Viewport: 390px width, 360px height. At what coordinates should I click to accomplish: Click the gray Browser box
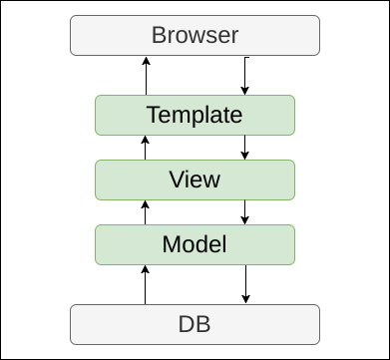[195, 37]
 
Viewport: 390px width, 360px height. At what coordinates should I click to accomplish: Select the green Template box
[195, 115]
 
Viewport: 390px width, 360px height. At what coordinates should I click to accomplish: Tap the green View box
[195, 180]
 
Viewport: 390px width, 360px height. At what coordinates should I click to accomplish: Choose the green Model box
[195, 244]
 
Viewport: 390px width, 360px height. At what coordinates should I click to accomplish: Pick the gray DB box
[195, 324]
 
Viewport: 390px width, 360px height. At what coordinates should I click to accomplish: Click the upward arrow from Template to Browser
[146, 76]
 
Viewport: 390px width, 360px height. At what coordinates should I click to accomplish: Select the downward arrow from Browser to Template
[245, 76]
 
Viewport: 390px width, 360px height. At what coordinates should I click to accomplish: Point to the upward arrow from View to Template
[146, 148]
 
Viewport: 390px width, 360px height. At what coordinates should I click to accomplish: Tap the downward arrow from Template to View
[245, 148]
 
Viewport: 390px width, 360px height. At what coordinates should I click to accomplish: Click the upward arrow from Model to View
[146, 211]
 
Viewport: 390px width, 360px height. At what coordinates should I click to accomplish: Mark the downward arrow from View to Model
[245, 211]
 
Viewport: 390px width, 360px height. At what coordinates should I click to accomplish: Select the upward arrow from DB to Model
[146, 283]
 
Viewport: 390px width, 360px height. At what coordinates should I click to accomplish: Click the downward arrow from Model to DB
[245, 283]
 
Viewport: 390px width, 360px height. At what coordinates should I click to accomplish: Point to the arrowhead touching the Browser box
[146, 60]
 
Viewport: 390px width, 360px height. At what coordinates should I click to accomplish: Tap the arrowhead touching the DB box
[245, 300]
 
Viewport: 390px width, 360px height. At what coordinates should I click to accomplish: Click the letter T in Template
[153, 115]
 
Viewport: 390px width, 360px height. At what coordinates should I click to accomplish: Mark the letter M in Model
[170, 244]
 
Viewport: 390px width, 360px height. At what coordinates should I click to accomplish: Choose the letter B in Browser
[158, 37]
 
